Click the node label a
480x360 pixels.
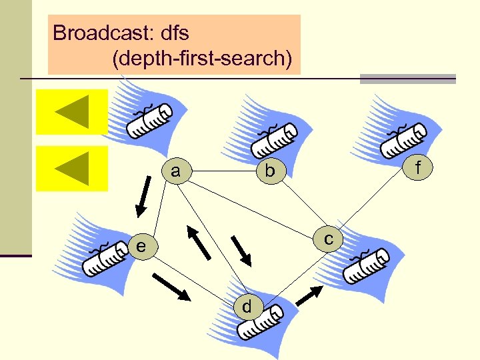[x=175, y=171]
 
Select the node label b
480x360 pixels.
[x=269, y=171]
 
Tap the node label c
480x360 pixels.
[x=329, y=239]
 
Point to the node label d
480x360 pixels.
[x=247, y=306]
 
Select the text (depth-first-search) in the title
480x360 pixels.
[x=202, y=59]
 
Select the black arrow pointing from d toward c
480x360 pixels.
[x=309, y=294]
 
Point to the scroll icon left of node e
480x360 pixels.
[x=105, y=258]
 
